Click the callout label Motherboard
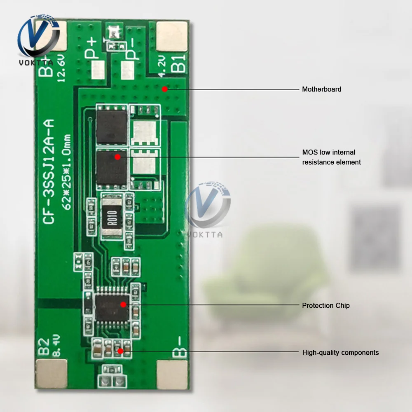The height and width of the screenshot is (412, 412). click(x=321, y=89)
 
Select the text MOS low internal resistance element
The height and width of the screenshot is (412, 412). click(x=331, y=157)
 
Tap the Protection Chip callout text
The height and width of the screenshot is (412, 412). click(x=325, y=305)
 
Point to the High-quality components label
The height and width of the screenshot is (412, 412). click(x=340, y=353)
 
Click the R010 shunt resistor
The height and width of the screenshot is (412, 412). click(x=112, y=216)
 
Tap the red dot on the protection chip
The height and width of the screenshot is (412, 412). click(x=123, y=304)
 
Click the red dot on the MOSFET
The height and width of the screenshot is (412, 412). click(x=117, y=157)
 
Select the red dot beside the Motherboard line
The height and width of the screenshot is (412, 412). click(x=164, y=88)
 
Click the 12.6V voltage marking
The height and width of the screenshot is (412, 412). click(x=61, y=68)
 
